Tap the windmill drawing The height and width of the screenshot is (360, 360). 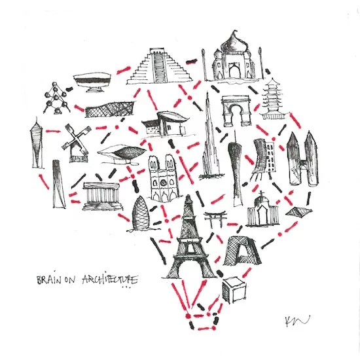76,143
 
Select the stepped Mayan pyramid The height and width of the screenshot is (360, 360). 159,67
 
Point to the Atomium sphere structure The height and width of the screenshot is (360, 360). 56,98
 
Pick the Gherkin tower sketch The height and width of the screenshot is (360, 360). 140,214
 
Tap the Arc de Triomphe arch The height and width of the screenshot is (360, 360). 236,111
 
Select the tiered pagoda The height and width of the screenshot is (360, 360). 273,99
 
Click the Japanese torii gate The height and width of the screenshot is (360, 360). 215,219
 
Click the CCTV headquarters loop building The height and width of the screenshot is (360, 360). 241,251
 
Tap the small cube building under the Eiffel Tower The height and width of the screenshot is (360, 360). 234,290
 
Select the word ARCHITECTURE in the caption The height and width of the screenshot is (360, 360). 110,279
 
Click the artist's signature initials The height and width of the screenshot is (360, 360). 297,321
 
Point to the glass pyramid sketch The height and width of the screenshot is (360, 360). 298,211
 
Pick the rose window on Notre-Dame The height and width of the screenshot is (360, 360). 163,183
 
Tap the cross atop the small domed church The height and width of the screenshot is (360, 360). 261,193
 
